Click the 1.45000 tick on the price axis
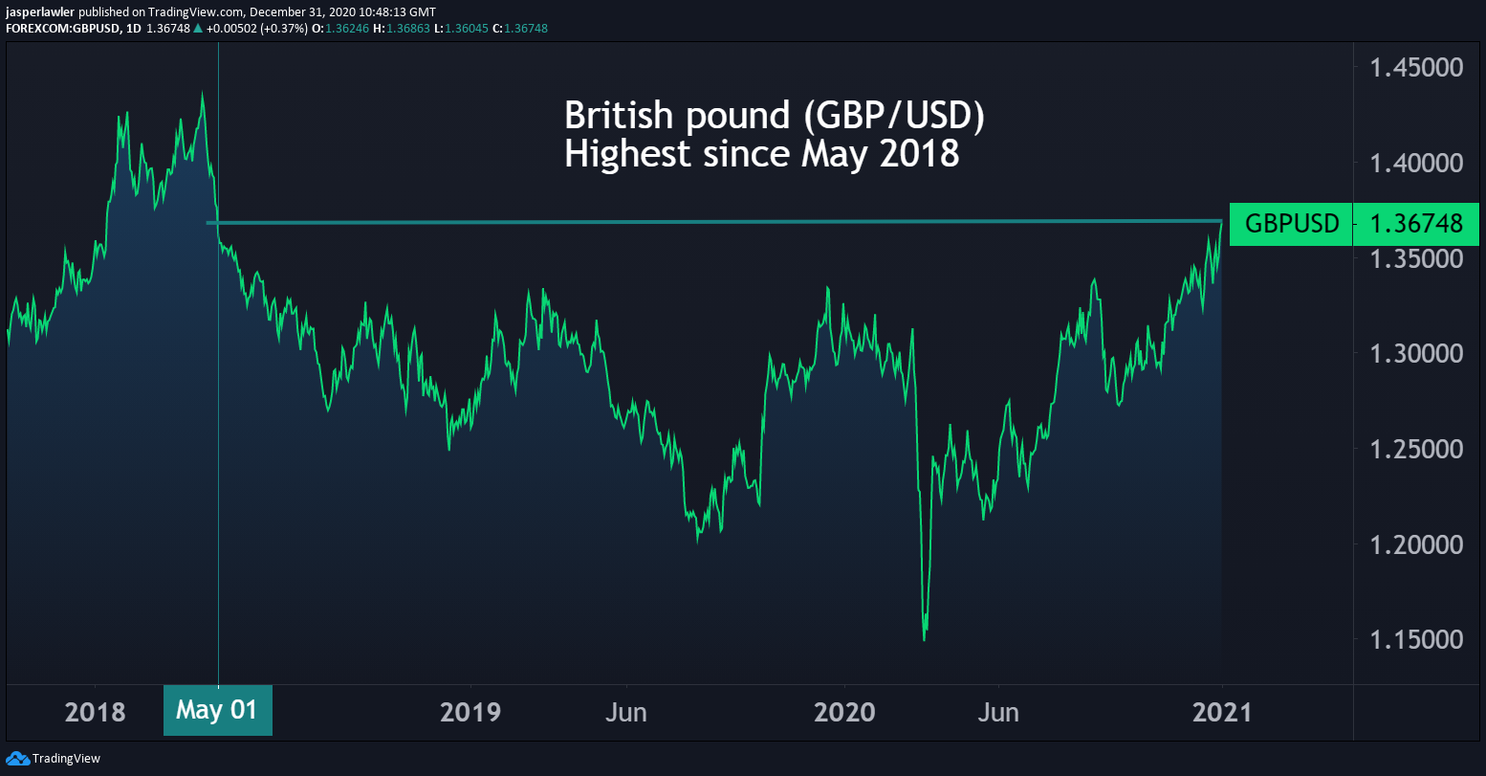point(1417,68)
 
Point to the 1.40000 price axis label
point(1417,164)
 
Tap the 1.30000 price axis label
point(1417,354)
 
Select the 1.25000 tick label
point(1417,450)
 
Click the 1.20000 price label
point(1417,545)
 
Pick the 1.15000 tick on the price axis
point(1417,640)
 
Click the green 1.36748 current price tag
point(1416,225)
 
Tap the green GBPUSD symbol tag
point(1292,225)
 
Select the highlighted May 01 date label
point(217,711)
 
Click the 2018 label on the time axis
point(95,713)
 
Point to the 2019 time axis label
point(470,713)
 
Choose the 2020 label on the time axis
point(845,713)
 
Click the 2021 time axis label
point(1221,713)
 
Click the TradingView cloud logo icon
point(17,759)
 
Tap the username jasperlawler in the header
point(40,11)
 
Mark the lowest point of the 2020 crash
point(924,640)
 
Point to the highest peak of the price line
point(202,92)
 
